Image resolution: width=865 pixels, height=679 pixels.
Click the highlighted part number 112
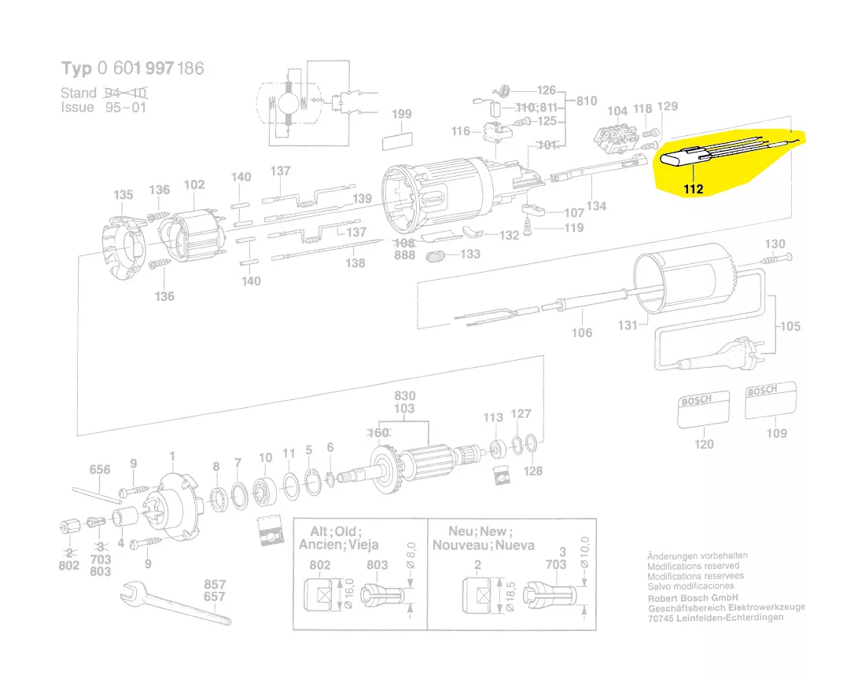(693, 189)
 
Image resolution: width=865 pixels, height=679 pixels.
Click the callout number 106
(582, 333)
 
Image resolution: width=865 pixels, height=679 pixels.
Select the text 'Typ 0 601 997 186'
(132, 68)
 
